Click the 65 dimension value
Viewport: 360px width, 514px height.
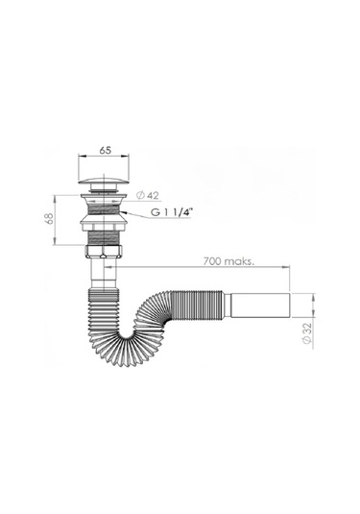106,150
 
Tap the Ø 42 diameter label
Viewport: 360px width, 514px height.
148,196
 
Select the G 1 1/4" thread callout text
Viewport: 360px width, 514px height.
170,212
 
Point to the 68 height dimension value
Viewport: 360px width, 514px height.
49,219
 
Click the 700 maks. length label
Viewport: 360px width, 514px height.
229,261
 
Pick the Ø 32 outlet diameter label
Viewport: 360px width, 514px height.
307,333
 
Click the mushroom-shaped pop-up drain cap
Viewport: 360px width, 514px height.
104,180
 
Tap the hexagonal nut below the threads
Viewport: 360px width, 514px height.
104,251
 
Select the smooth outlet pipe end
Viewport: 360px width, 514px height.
257,305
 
